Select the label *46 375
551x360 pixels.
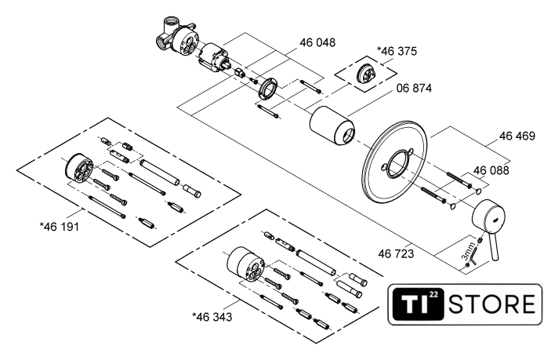(x=397, y=51)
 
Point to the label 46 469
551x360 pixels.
(x=517, y=136)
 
